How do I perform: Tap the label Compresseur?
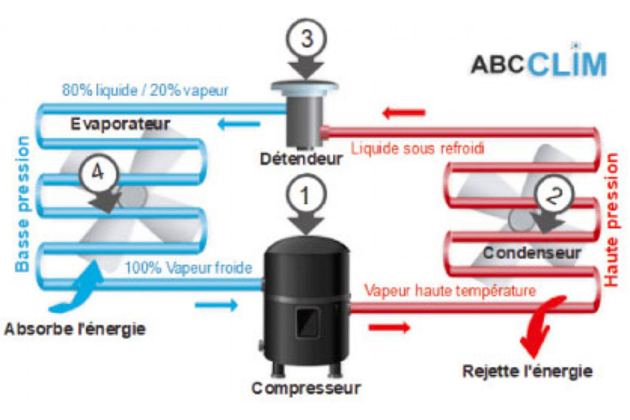[306, 388]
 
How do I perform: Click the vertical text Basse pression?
[23, 204]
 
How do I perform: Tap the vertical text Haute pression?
[610, 217]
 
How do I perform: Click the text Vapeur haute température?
[450, 290]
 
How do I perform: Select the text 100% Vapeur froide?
[188, 268]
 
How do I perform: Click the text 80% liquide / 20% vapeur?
[146, 90]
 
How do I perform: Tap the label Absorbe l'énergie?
[75, 328]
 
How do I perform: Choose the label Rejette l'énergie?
[528, 370]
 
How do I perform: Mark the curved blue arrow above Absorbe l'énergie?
[80, 288]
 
